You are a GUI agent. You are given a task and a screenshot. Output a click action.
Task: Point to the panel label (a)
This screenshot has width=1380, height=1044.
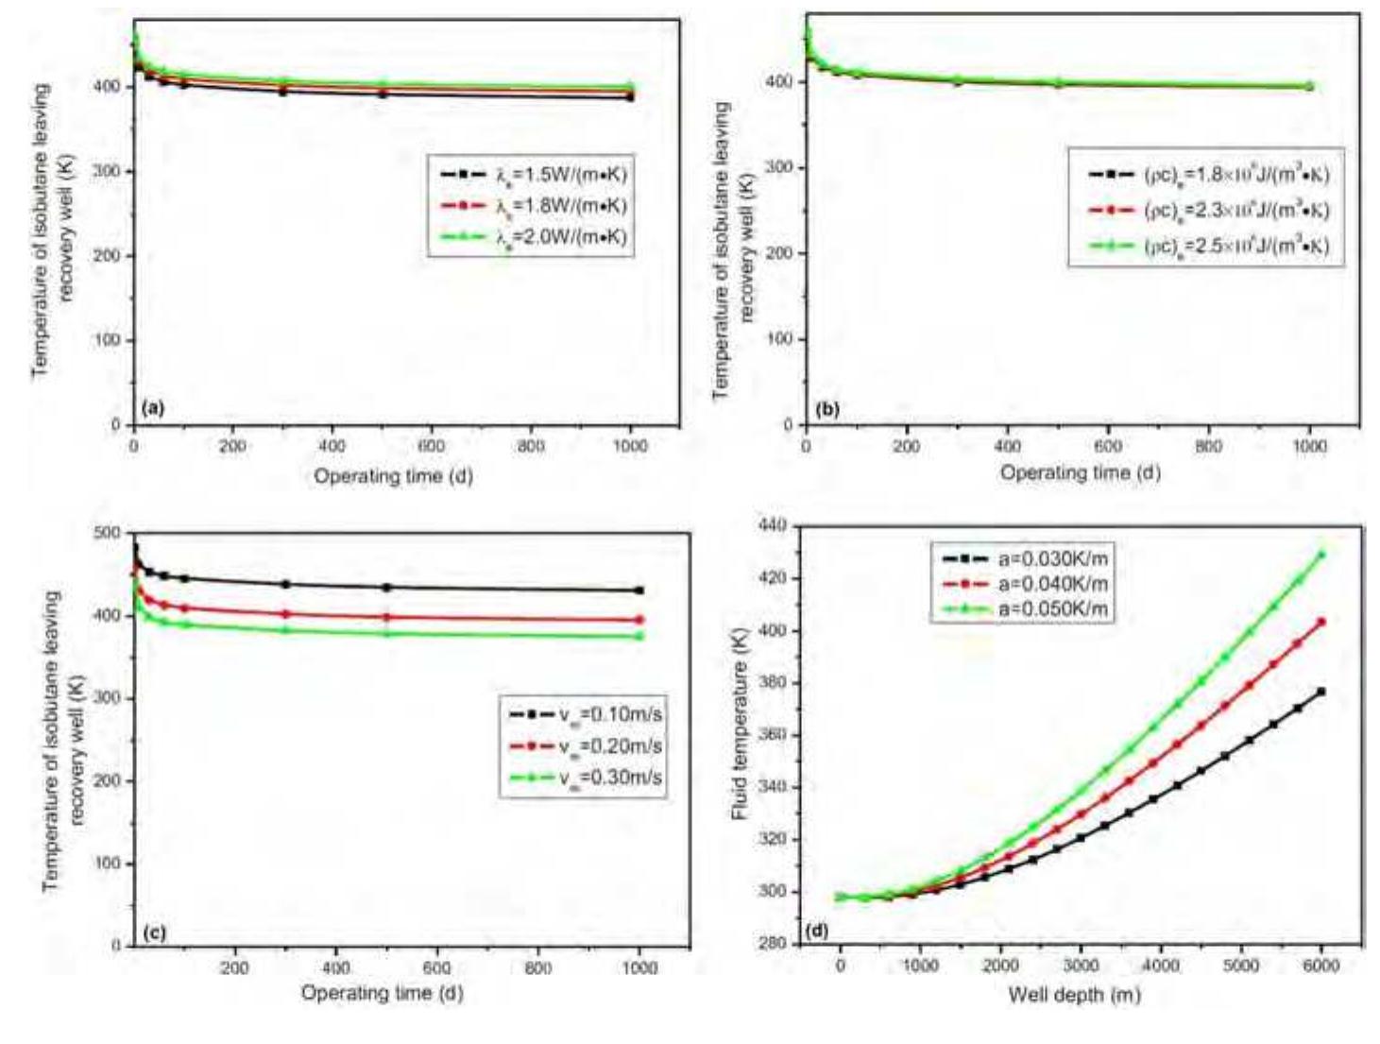[x=152, y=408]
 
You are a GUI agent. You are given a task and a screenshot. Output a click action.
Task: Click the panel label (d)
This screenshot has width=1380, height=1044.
[x=817, y=931]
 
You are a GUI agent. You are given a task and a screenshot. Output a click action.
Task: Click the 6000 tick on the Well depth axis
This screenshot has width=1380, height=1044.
[x=1320, y=965]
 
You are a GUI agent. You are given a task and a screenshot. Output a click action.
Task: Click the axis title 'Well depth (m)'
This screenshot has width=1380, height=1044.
[x=1074, y=995]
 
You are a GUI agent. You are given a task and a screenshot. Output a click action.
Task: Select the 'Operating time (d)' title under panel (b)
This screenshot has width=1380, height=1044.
[x=1080, y=472]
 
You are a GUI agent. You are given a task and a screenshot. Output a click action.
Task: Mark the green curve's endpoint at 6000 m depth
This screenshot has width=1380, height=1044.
[x=1321, y=555]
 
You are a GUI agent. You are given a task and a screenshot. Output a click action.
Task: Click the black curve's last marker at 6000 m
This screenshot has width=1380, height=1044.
[x=1321, y=692]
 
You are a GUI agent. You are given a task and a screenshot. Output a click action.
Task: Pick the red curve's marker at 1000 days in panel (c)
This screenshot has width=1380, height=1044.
[x=639, y=620]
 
